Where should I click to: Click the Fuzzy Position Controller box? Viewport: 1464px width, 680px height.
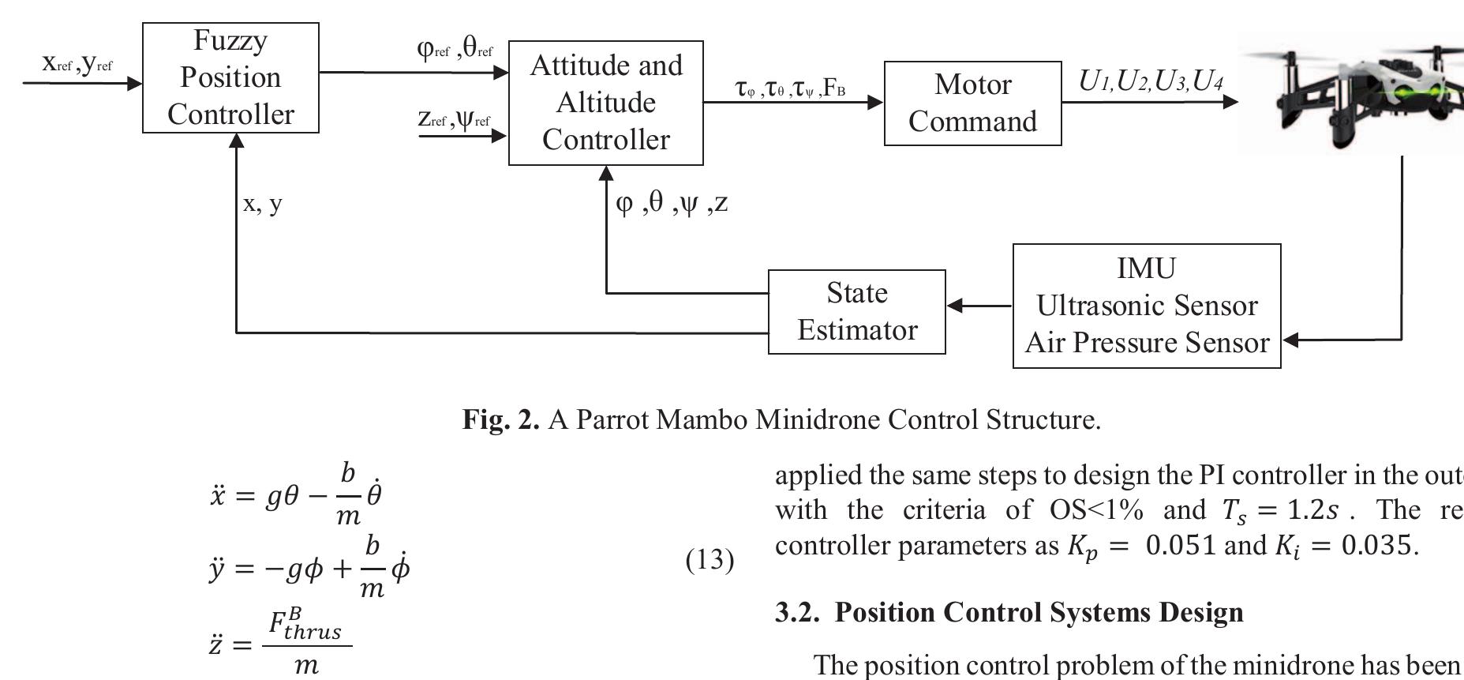pos(230,77)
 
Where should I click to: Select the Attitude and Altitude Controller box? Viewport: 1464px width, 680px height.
pos(605,103)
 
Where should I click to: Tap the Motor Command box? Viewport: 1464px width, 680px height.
pos(972,103)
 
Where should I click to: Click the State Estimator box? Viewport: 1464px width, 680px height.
pos(856,311)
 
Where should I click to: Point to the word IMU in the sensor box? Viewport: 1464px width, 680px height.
pos(1146,269)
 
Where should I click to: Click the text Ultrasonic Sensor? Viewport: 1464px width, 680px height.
pos(1146,306)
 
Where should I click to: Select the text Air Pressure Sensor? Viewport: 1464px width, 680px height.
pos(1146,343)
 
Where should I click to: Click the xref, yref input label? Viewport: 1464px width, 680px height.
pos(77,64)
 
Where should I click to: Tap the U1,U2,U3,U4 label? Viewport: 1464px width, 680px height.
pos(1150,81)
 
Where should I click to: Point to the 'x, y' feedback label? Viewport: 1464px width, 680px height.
pos(263,204)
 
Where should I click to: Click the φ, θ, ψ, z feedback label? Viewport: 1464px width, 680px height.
pos(672,204)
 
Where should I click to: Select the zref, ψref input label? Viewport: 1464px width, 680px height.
pos(454,120)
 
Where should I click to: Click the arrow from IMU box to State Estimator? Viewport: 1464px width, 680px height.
pos(979,306)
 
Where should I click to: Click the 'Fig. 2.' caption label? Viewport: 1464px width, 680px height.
pos(500,419)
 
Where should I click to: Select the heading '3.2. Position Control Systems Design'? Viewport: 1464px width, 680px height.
pos(1009,612)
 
